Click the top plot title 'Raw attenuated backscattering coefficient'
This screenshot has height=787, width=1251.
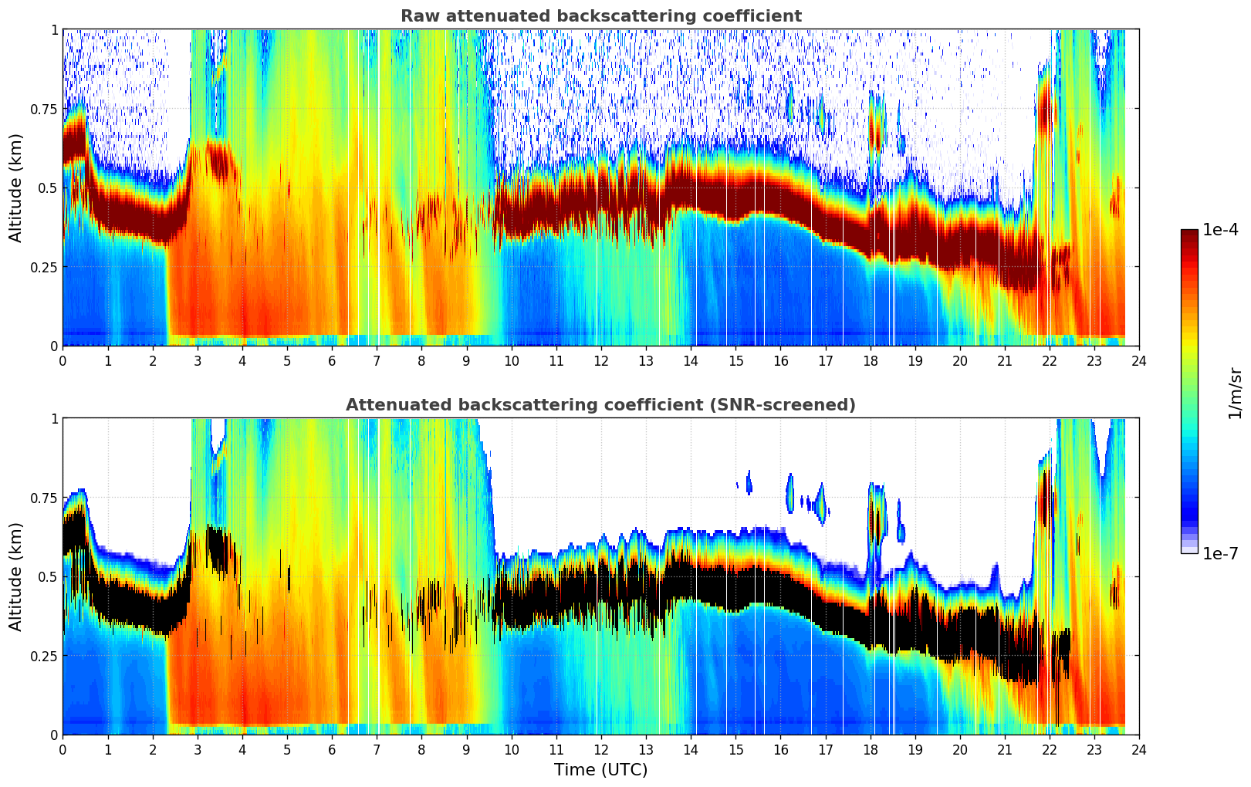tap(600, 16)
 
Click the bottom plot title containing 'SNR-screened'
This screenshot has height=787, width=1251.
tap(600, 405)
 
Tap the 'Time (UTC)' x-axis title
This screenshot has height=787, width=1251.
tap(600, 770)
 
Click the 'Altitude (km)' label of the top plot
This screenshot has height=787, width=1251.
tap(16, 187)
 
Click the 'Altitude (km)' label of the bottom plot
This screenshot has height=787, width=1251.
tap(16, 576)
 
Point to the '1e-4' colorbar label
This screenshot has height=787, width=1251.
tap(1221, 230)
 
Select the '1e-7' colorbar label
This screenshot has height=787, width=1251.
tap(1221, 553)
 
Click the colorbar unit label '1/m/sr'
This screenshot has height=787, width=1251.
tap(1235, 393)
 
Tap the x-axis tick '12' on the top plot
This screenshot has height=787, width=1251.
tap(601, 360)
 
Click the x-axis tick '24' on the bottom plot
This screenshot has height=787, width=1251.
tap(1139, 749)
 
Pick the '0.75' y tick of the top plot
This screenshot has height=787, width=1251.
tap(43, 109)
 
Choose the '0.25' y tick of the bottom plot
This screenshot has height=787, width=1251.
tap(43, 656)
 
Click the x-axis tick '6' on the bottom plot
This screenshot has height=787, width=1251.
tap(332, 749)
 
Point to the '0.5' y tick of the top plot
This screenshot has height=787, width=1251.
tap(48, 188)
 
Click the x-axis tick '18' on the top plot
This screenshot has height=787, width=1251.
tap(871, 360)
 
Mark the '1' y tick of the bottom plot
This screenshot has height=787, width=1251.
tap(54, 419)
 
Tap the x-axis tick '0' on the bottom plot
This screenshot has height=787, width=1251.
tap(63, 749)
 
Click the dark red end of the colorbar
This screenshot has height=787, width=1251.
tap(1189, 235)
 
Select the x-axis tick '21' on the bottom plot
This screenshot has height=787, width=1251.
tap(1005, 749)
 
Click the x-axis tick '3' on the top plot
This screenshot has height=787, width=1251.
tap(198, 360)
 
